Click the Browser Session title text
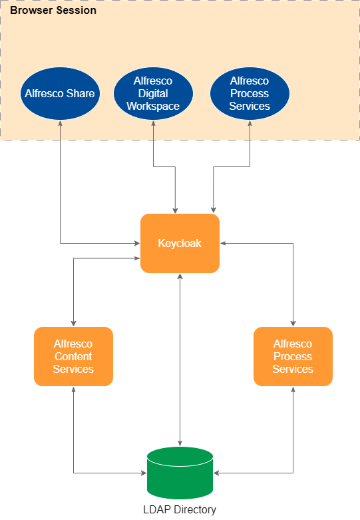coord(53,11)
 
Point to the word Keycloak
coord(180,243)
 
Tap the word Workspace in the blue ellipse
coord(153,106)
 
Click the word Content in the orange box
coord(73,356)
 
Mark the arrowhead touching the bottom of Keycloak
coord(180,276)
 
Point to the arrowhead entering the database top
coord(180,443)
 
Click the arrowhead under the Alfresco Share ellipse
coord(60,123)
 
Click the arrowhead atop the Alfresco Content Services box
coord(73,323)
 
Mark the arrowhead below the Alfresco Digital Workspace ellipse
coord(154,123)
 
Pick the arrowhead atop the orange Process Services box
coord(293,323)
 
